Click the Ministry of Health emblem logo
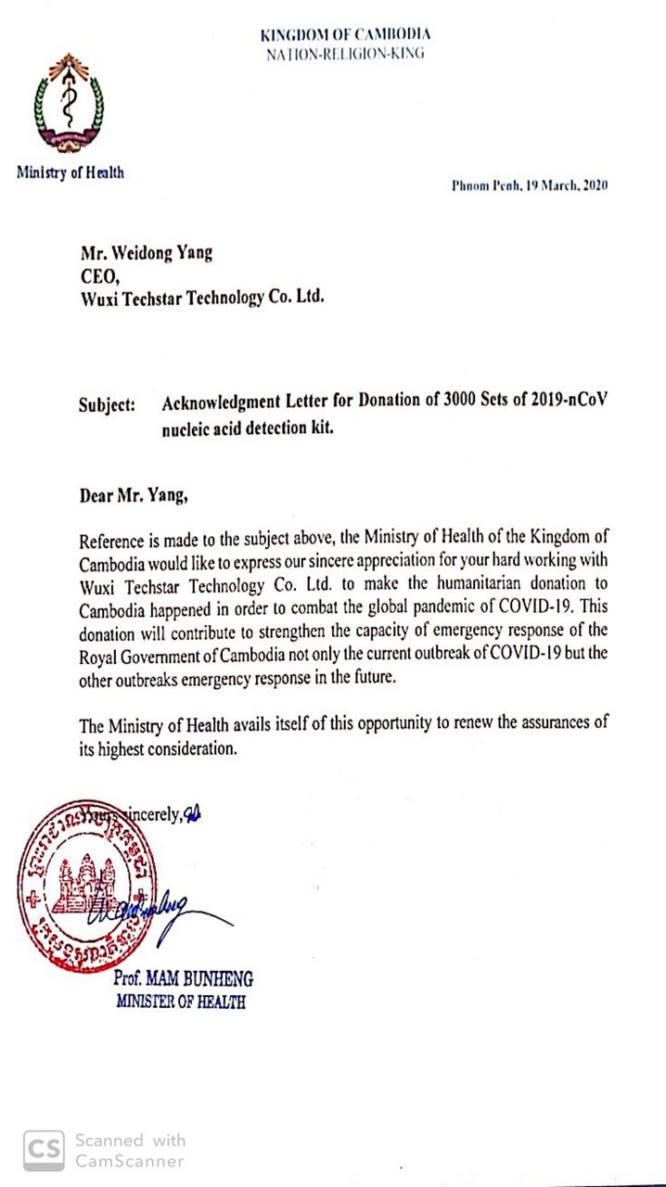click(x=68, y=105)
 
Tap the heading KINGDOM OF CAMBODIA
click(x=345, y=35)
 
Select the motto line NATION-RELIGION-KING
click(x=345, y=53)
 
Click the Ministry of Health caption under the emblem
click(x=70, y=172)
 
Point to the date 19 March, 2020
click(x=555, y=185)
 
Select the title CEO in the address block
click(x=99, y=276)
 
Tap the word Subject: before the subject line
click(x=108, y=404)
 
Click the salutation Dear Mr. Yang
click(x=134, y=494)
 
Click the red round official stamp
click(x=86, y=886)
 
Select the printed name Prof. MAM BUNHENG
click(x=183, y=978)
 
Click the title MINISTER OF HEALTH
click(x=181, y=1001)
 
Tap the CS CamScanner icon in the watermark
click(x=45, y=1151)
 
